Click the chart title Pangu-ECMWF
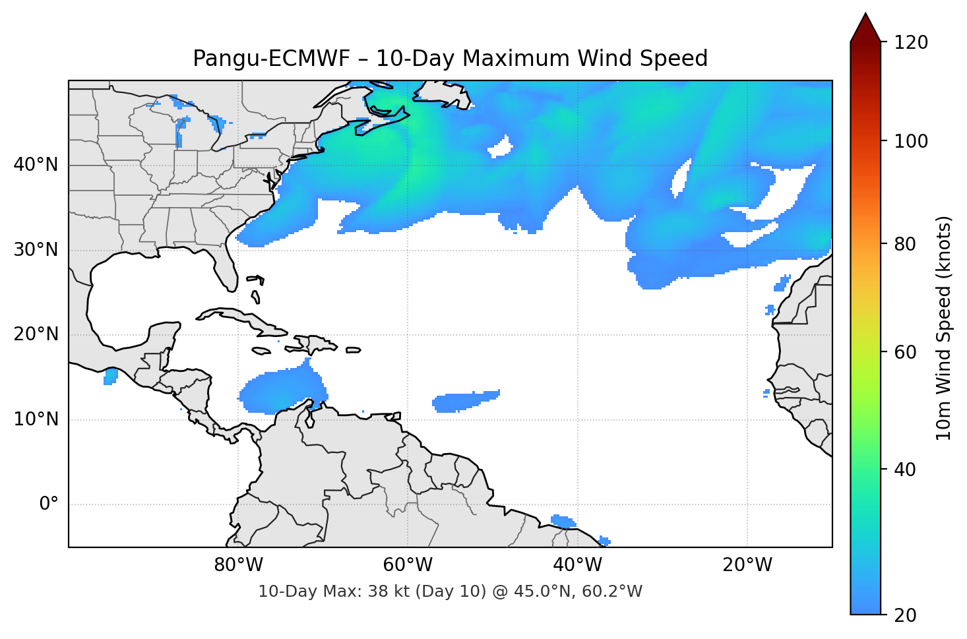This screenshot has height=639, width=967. pyautogui.click(x=450, y=59)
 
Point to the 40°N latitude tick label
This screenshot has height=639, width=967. pyautogui.click(x=36, y=165)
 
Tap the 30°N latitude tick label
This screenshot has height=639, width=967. pyautogui.click(x=36, y=250)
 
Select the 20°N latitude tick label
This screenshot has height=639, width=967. pyautogui.click(x=36, y=334)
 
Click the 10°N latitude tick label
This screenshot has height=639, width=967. pyautogui.click(x=36, y=419)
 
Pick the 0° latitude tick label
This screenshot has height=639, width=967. pyautogui.click(x=49, y=504)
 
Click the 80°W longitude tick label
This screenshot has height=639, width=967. pyautogui.click(x=238, y=565)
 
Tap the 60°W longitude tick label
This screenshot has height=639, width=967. pyautogui.click(x=408, y=565)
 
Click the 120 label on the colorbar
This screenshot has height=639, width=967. pyautogui.click(x=911, y=43)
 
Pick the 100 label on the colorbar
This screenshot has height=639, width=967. pyautogui.click(x=911, y=141)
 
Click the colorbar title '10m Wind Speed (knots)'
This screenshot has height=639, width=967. pyautogui.click(x=944, y=328)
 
